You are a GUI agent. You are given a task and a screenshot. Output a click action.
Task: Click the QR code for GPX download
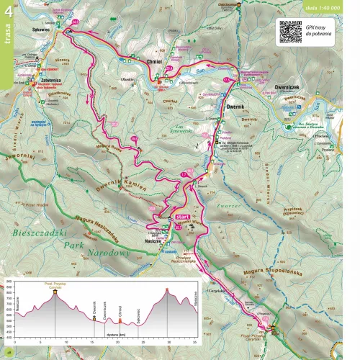point(290,31)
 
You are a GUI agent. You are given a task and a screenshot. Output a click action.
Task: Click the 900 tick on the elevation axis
point(9,281)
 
